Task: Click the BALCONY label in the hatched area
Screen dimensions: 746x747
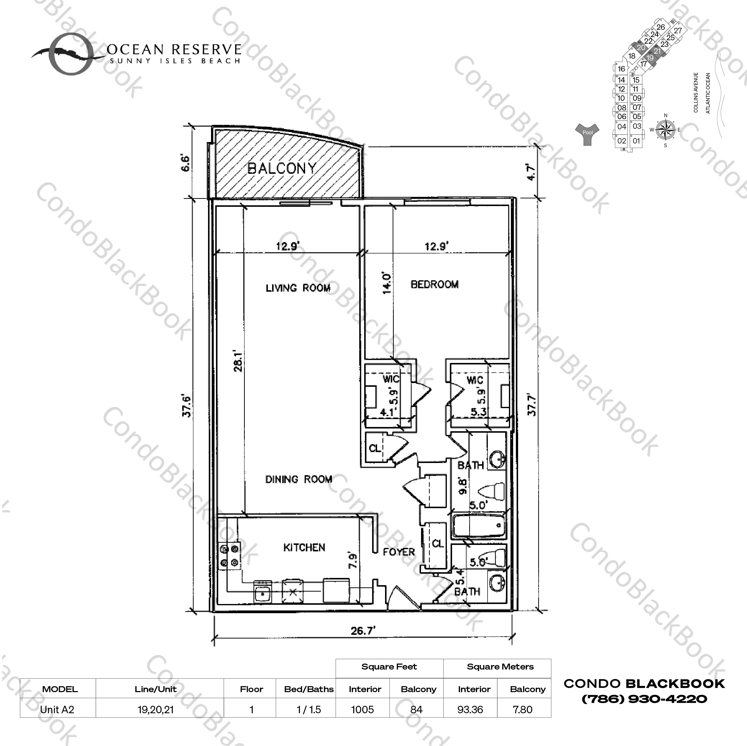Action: [x=282, y=168]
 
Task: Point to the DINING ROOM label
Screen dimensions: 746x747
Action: [x=298, y=480]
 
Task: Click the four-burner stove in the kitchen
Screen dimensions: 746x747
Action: [x=229, y=556]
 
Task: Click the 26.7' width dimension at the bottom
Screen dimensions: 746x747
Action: [x=363, y=631]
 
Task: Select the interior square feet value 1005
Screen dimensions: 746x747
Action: [x=362, y=710]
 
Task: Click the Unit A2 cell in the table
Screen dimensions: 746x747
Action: [x=57, y=710]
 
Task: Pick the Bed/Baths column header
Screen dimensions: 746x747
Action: [x=309, y=689]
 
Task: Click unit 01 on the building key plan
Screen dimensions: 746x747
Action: [x=636, y=141]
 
